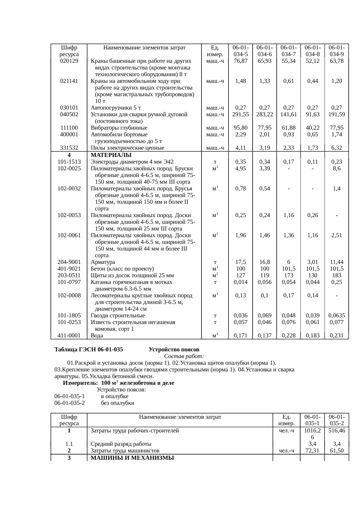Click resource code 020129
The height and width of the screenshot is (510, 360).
69,61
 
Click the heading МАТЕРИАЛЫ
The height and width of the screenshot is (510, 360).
111,155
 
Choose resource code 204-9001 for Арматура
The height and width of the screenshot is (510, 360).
69,262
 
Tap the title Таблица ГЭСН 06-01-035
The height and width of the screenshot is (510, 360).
89,350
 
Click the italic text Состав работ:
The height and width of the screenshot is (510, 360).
184,356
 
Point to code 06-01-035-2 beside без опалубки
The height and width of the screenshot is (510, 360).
70,403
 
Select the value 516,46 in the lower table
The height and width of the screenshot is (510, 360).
336,431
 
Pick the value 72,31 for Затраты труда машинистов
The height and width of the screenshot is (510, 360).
312,451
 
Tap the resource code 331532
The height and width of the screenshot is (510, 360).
69,148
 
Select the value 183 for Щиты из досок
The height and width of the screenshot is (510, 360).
336,275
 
